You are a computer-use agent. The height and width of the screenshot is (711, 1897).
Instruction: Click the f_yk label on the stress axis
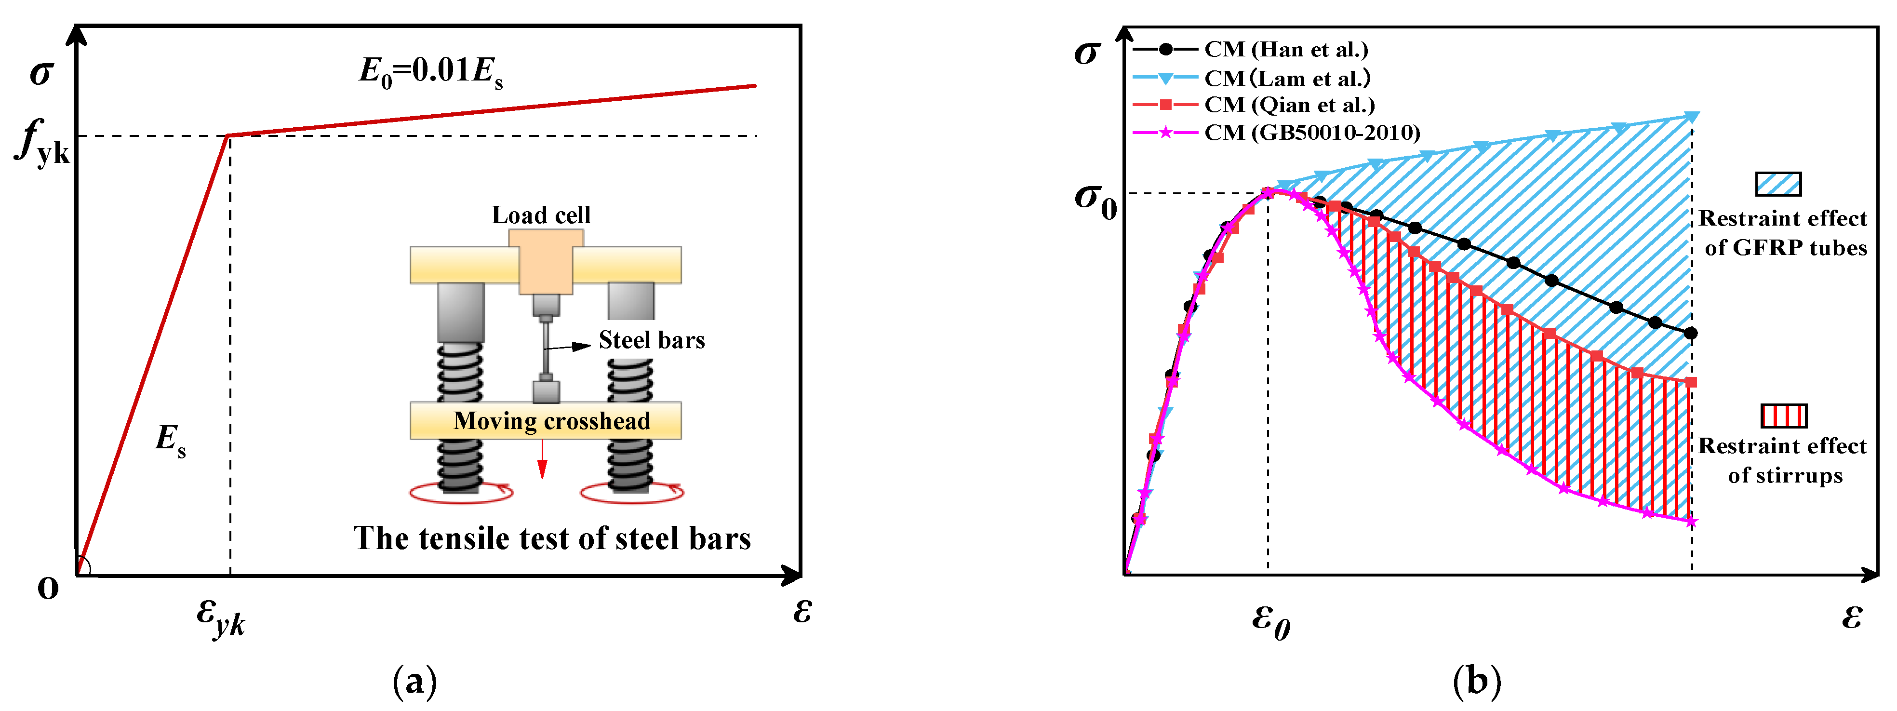pos(43,142)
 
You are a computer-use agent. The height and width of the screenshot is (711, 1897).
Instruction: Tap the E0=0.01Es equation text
pos(431,73)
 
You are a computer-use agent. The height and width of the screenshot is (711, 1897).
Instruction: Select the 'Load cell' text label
pos(541,215)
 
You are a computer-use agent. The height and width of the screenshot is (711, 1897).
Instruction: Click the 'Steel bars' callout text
pos(651,340)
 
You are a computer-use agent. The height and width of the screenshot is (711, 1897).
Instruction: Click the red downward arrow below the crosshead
pos(542,460)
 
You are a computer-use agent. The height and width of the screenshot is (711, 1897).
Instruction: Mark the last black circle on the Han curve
pos(1691,334)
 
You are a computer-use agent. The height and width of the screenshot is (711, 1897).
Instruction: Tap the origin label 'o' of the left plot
pos(48,588)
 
